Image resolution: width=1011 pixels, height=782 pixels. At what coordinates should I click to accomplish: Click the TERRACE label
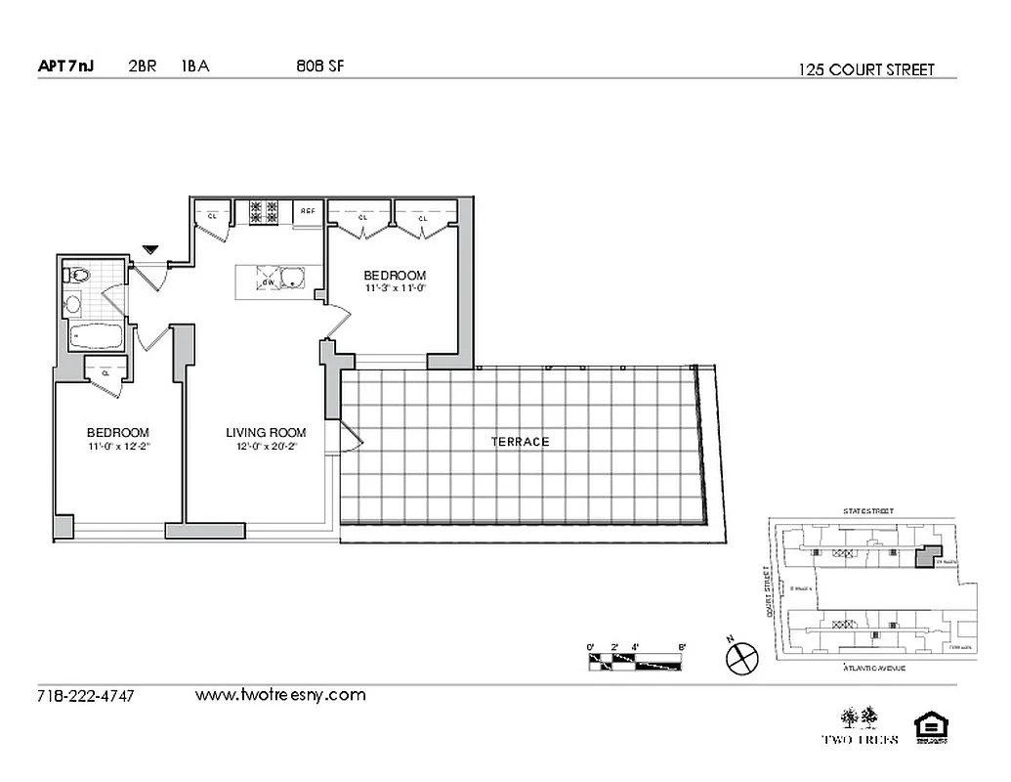(520, 442)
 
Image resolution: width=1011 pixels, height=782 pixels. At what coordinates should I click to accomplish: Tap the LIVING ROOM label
(266, 433)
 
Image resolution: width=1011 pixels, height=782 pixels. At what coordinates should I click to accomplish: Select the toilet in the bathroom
(78, 276)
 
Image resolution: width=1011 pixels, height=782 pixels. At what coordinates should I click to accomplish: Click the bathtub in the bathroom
(96, 339)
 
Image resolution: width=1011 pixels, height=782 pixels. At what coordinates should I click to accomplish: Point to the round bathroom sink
(73, 305)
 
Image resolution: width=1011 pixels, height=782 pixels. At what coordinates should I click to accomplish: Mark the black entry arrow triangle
(149, 250)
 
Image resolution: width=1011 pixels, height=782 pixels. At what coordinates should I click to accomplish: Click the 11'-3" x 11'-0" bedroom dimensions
(396, 288)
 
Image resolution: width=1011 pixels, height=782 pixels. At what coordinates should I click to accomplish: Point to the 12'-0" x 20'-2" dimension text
(266, 447)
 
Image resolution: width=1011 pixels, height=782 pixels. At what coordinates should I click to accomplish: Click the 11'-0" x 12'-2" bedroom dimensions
(118, 447)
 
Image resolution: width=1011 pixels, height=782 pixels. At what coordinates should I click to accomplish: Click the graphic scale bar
(636, 662)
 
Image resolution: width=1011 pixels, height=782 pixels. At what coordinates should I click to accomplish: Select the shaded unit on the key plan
(923, 557)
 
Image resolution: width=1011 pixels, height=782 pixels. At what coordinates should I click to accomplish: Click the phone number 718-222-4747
(86, 696)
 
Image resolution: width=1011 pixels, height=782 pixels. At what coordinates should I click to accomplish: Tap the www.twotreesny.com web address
(280, 695)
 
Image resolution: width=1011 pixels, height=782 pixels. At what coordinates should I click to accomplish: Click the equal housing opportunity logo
(929, 728)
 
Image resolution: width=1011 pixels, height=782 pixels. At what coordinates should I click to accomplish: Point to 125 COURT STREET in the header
(866, 69)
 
